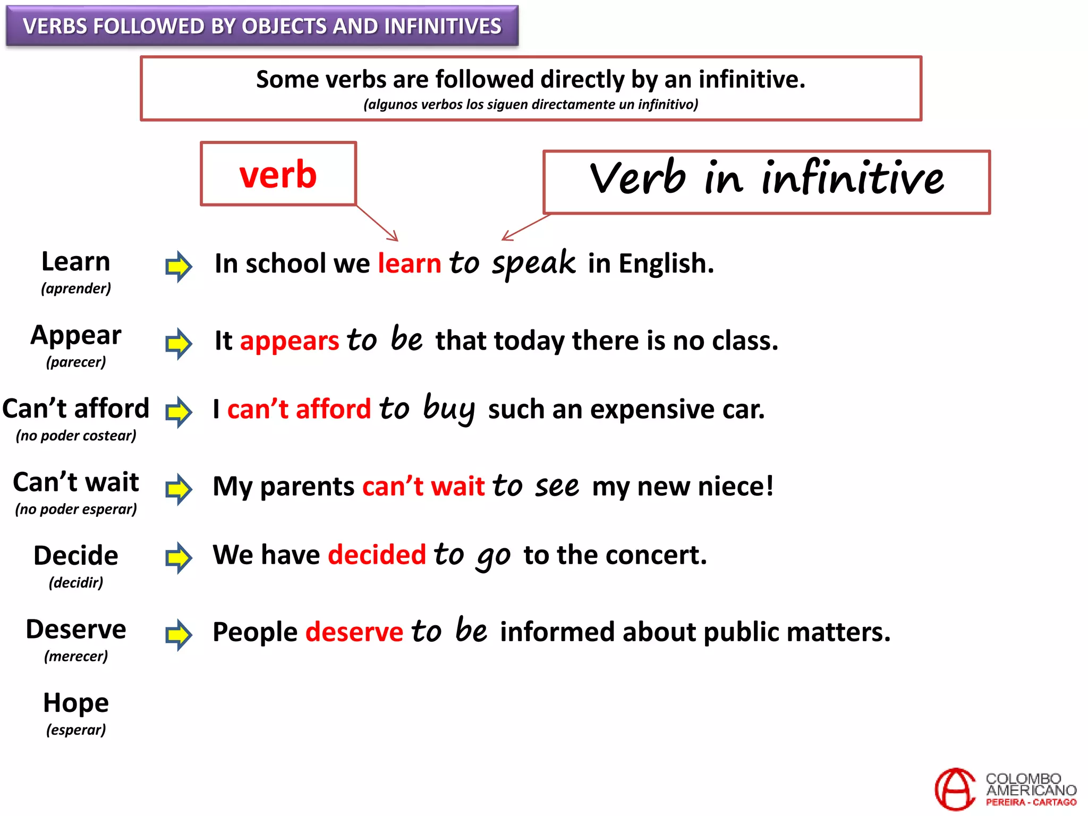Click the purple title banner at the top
262,26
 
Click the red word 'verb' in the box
278,174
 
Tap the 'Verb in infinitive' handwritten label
767,179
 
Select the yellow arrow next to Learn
178,266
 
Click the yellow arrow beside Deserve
178,634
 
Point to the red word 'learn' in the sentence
409,263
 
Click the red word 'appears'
290,341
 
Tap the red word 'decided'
377,555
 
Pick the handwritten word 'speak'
533,263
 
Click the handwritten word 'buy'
449,409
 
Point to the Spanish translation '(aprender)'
76,288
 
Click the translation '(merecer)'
76,656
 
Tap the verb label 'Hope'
76,703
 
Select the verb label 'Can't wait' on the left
76,482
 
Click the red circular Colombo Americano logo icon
955,789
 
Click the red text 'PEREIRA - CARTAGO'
1031,802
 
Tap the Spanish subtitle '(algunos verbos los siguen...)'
531,104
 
